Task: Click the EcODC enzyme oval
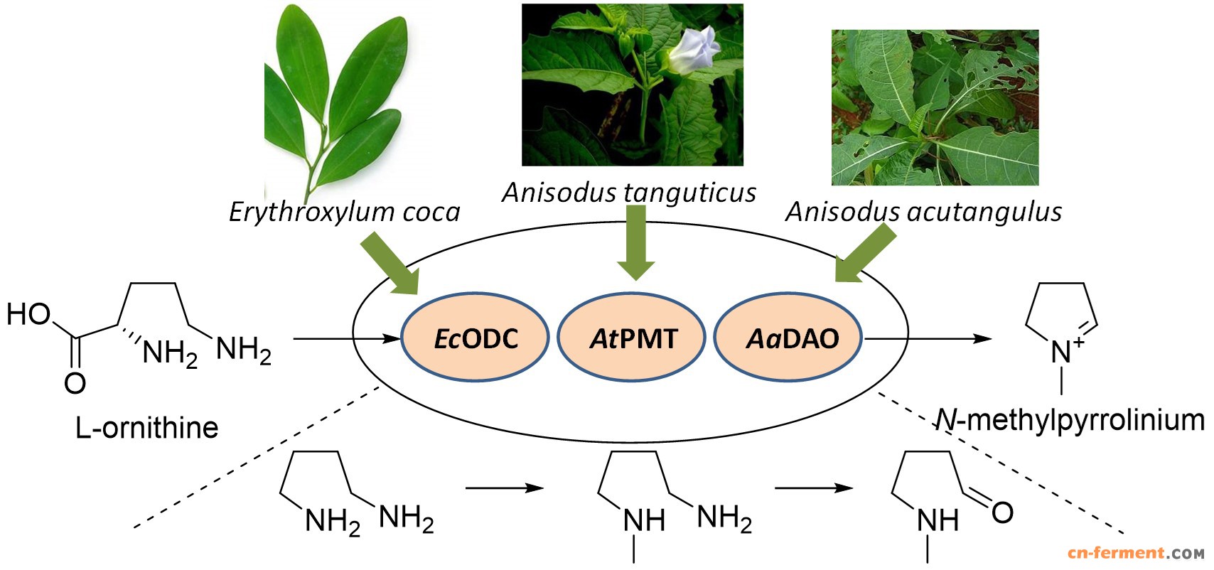click(x=476, y=338)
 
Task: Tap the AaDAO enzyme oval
click(x=788, y=338)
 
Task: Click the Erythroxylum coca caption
click(x=345, y=212)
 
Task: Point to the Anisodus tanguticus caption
click(x=629, y=193)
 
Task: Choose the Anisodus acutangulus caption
click(x=923, y=212)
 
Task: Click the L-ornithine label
click(x=147, y=428)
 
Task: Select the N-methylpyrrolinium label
click(x=1070, y=420)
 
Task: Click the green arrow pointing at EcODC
click(x=390, y=267)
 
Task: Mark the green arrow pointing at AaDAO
click(x=864, y=255)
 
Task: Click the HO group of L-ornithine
click(x=28, y=314)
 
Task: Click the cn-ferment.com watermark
click(x=1135, y=553)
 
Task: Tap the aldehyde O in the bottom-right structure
click(x=1002, y=512)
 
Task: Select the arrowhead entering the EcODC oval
click(x=392, y=339)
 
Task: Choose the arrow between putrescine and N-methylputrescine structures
click(x=504, y=488)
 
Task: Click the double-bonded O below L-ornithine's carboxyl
click(x=75, y=383)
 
